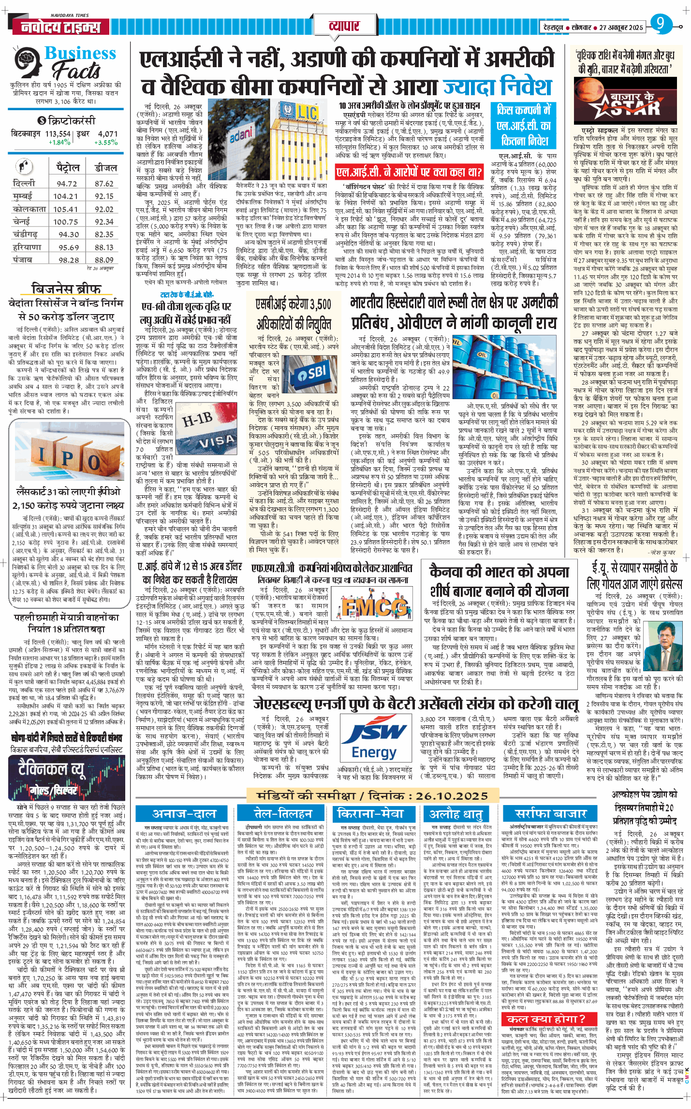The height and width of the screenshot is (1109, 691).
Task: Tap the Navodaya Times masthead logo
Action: point(60,27)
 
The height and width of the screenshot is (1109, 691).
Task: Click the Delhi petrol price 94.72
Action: point(67,184)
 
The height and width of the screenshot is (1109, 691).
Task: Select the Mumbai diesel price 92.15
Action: point(104,196)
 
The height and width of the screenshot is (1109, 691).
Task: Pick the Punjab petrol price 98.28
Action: point(69,260)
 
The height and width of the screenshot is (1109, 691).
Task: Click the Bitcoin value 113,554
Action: point(58,134)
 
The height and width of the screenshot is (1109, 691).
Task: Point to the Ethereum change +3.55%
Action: point(106,143)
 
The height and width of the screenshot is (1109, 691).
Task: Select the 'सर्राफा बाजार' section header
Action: point(550,814)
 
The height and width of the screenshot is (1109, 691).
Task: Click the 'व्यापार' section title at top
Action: point(344,26)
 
